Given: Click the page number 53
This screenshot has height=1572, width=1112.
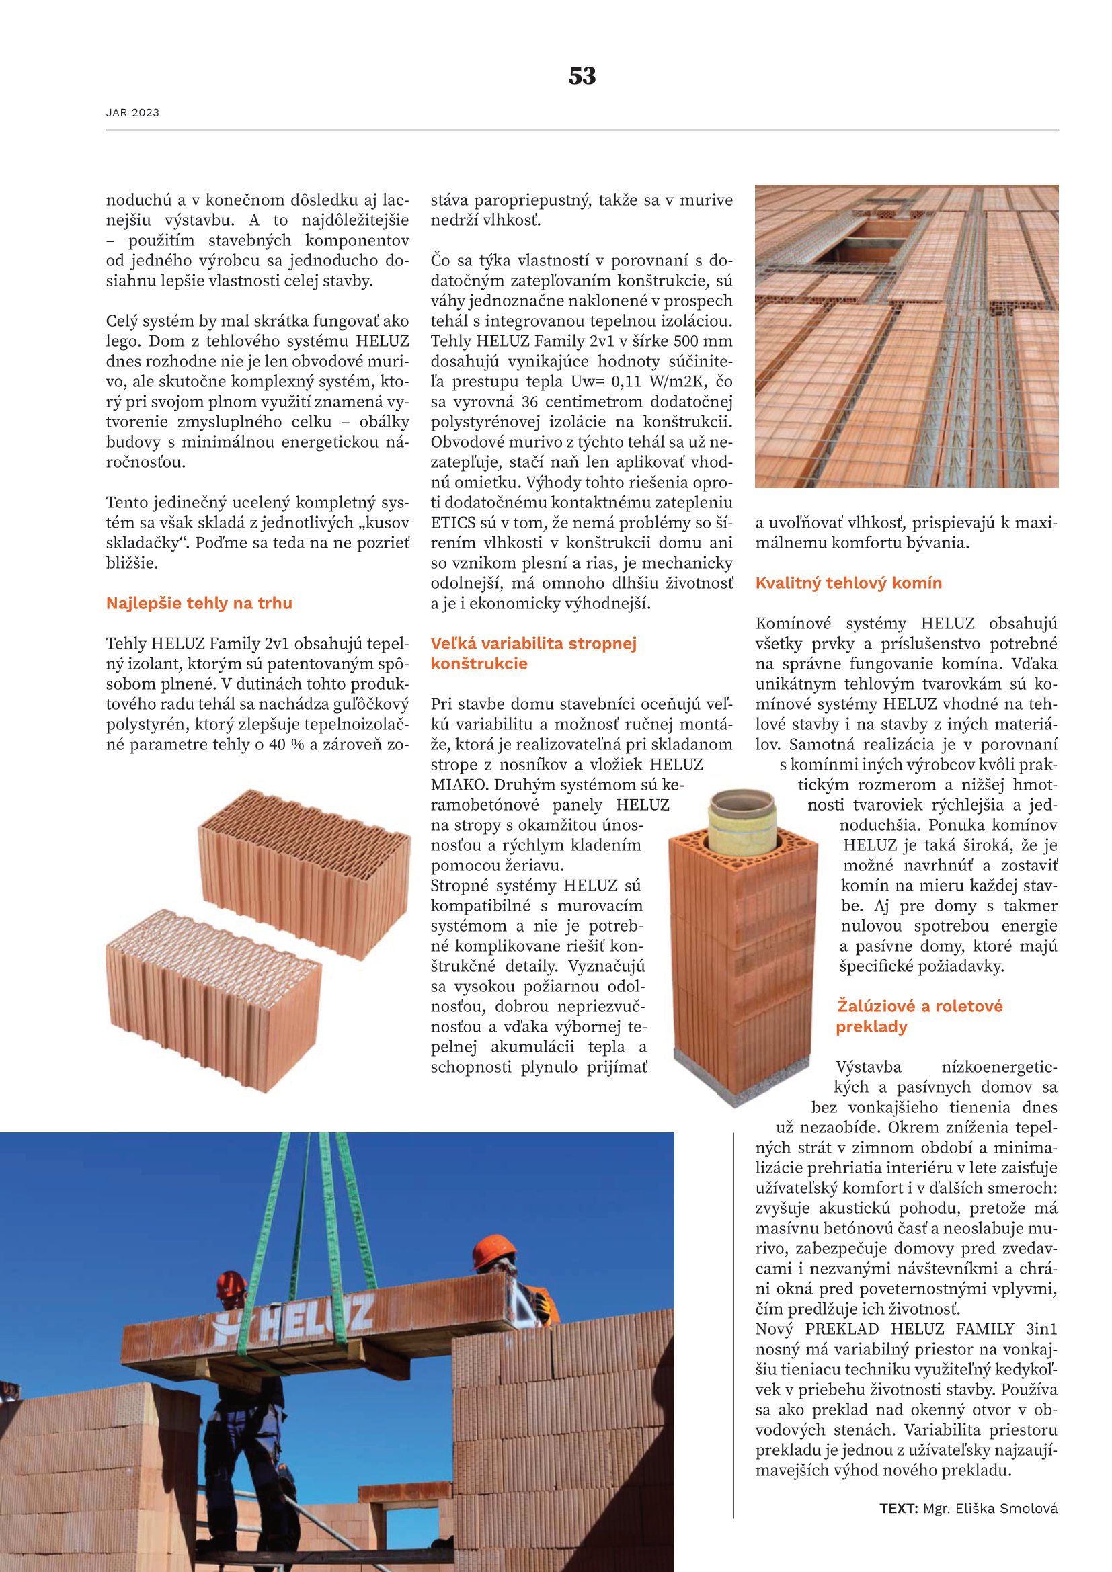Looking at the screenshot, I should [x=582, y=76].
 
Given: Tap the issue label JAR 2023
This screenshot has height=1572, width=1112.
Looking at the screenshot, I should [x=132, y=112].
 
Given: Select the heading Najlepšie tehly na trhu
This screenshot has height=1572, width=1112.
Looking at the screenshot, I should [x=198, y=603].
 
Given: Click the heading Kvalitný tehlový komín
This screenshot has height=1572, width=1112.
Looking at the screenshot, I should [x=848, y=583].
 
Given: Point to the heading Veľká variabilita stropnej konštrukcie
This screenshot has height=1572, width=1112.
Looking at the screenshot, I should [x=533, y=653].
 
